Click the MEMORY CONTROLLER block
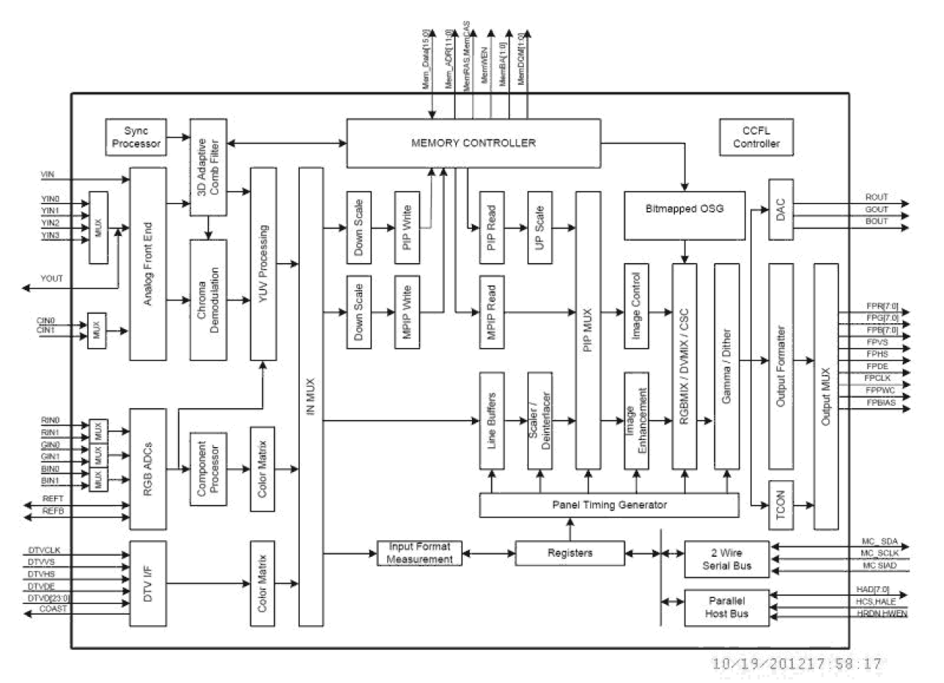(x=472, y=143)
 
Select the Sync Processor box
(x=136, y=137)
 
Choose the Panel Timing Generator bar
(x=610, y=505)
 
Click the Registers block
(x=569, y=553)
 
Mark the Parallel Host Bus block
(x=727, y=606)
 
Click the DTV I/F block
(x=147, y=584)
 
